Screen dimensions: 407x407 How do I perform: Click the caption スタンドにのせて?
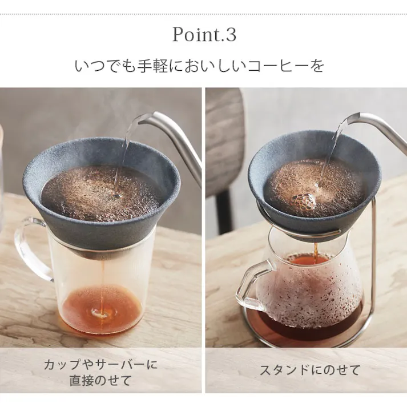pos(310,370)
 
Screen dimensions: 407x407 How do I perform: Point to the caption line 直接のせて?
pos(100,380)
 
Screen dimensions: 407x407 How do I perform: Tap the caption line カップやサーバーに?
pos(100,364)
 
